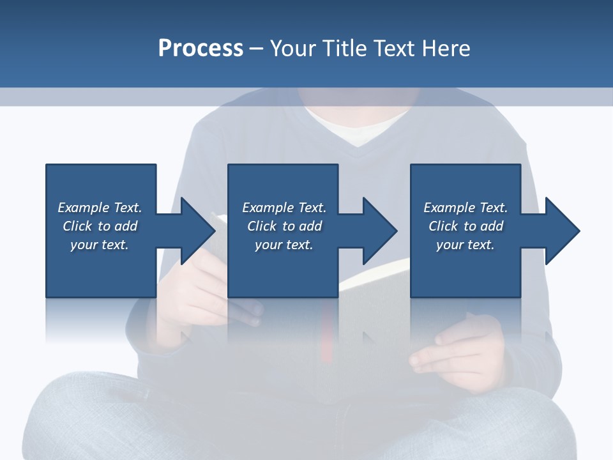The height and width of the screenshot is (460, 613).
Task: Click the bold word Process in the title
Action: tap(201, 48)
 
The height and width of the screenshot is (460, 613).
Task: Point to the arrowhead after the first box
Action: tap(197, 231)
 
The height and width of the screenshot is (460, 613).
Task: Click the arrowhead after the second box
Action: tap(379, 231)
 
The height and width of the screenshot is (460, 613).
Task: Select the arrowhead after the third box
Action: tap(561, 231)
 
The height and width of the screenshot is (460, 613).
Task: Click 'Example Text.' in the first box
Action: tap(100, 208)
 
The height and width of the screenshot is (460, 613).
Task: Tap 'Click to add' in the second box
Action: tap(284, 226)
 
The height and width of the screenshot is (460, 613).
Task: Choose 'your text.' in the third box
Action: tap(465, 245)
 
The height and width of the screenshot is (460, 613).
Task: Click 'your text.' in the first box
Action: tap(100, 245)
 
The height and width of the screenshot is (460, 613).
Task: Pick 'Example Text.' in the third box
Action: tap(465, 208)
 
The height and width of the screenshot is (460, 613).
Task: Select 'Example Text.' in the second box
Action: tap(284, 208)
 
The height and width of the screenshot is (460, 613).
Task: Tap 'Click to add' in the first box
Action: tap(100, 226)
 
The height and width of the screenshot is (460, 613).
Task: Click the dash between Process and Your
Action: tap(257, 49)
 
